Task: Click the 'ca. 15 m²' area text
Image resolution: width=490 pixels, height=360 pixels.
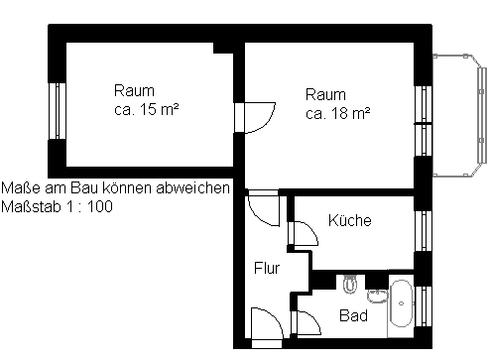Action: [147, 109]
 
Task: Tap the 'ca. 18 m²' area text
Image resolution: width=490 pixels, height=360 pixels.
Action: [337, 113]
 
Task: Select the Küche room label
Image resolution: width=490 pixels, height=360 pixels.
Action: [350, 220]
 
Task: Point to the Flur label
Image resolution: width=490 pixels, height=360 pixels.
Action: [267, 268]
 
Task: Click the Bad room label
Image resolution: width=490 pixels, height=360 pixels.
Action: [353, 315]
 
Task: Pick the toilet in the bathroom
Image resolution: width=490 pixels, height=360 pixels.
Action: [350, 285]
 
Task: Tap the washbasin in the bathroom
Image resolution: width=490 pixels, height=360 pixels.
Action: [377, 296]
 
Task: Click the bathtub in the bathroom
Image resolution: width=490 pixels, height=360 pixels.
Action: [402, 303]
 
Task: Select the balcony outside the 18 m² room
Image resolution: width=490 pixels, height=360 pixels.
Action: [460, 115]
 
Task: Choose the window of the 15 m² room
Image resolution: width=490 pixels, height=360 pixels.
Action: [58, 111]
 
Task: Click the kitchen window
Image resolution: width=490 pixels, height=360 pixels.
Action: [424, 231]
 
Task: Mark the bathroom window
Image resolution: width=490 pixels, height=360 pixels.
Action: [424, 306]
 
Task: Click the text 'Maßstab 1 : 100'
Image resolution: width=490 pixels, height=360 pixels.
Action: [57, 206]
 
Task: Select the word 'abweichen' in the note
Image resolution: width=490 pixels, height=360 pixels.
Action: [192, 187]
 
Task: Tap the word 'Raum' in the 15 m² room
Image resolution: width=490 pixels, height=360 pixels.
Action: [134, 90]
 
